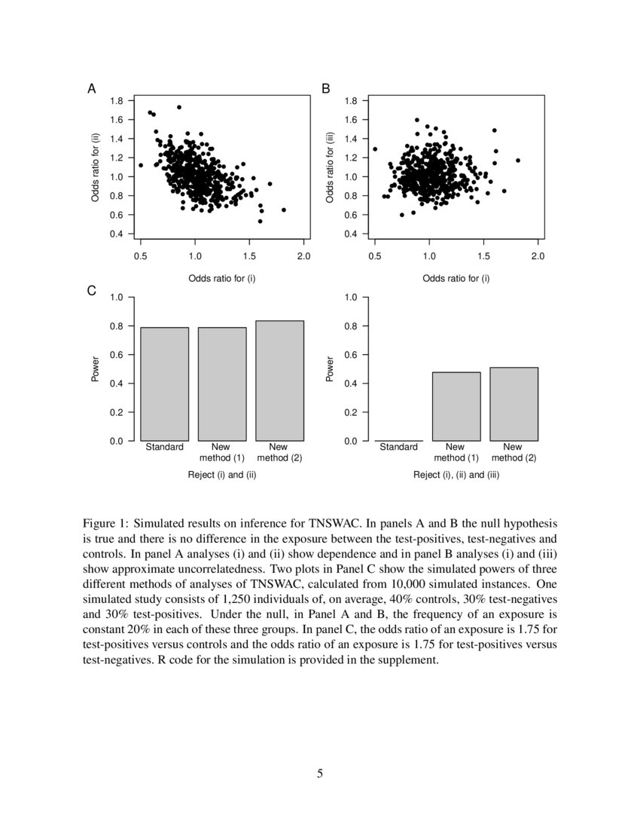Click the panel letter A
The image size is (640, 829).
point(92,89)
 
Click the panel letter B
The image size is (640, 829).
point(326,89)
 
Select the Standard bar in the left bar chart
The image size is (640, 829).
point(164,384)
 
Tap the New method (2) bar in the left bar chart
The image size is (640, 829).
point(279,381)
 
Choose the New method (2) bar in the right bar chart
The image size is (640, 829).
point(514,404)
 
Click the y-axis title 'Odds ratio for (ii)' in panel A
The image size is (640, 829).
point(96,167)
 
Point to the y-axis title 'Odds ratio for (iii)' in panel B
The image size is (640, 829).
point(330,167)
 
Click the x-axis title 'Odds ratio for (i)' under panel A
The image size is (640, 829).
point(222,278)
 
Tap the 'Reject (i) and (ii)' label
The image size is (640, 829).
point(222,475)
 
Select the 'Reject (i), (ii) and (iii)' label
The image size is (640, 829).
point(456,475)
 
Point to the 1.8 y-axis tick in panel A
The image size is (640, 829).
point(117,101)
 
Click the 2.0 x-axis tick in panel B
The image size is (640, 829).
point(538,257)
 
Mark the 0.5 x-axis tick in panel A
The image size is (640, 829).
point(141,257)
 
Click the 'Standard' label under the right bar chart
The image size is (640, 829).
point(398,447)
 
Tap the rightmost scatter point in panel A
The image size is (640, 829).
point(283,210)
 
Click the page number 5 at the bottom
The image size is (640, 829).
point(320,772)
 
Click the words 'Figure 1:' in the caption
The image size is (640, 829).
point(105,522)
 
